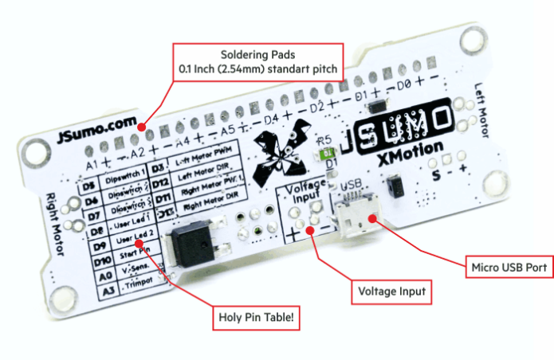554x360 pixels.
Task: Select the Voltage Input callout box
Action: point(391,292)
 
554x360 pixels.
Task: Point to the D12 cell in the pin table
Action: point(158,182)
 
